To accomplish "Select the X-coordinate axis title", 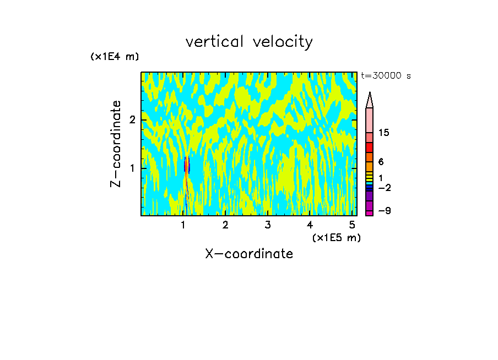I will click(x=249, y=254).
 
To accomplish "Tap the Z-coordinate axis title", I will click(x=116, y=144).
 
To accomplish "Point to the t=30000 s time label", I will click(x=386, y=76).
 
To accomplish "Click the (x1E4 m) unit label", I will click(x=115, y=56).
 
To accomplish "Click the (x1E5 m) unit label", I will click(x=336, y=237).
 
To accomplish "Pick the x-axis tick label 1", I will click(x=183, y=225).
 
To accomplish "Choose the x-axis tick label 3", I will click(x=267, y=225).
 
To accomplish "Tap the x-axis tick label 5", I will click(x=352, y=225).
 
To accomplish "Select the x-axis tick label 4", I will click(x=310, y=225).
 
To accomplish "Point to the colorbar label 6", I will click(x=381, y=162).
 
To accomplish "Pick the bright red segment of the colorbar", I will click(x=369, y=148).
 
